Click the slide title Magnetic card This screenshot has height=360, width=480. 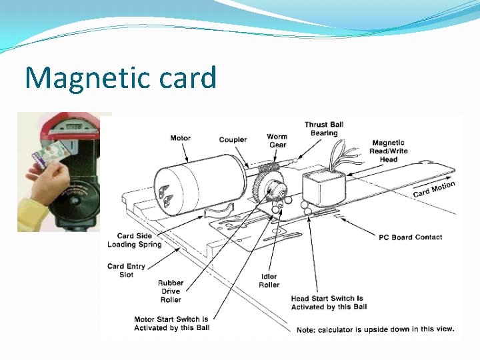point(121,78)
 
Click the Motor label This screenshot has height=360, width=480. point(180,138)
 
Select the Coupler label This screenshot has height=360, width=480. point(233,139)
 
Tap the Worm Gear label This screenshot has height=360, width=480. point(277,141)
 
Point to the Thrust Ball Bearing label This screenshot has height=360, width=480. point(324,129)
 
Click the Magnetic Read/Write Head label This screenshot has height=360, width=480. point(388,151)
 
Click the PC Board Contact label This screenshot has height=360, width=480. point(410,237)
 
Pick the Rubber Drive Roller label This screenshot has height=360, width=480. point(170,291)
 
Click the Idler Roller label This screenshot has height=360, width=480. point(269,281)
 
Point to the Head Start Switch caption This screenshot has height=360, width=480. point(327,303)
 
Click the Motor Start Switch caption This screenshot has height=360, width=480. point(171,323)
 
